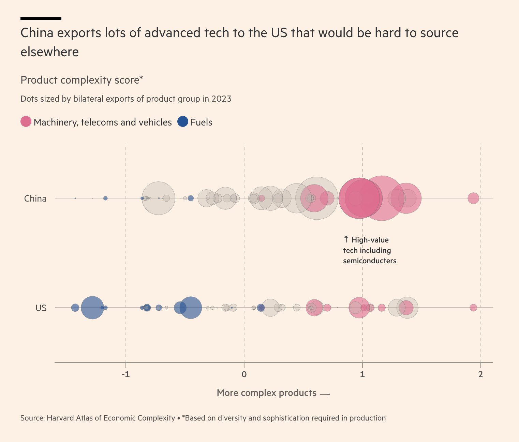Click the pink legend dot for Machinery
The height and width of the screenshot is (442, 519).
pos(26,121)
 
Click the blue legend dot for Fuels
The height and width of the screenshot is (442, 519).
pos(183,121)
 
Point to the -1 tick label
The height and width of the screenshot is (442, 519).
pos(126,374)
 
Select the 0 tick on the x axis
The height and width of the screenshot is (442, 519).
pos(244,374)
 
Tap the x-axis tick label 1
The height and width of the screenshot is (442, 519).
pos(362,374)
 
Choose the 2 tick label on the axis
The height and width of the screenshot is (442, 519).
pos(480,374)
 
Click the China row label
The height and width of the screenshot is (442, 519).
pos(35,198)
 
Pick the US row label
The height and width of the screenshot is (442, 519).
pos(41,308)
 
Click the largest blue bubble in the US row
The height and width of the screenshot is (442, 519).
pos(92,308)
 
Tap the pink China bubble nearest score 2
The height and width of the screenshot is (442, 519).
pos(473,198)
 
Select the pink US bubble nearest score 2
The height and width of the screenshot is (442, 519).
pos(473,308)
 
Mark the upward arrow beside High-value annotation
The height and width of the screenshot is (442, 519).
pos(346,239)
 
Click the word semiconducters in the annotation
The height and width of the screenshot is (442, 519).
pos(370,261)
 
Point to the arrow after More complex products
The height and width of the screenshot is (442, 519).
pos(325,394)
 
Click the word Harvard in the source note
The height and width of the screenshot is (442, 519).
pos(60,418)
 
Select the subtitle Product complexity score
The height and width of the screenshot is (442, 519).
pos(81,80)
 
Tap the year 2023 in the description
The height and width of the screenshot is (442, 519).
pos(221,99)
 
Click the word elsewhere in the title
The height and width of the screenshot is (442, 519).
pos(50,52)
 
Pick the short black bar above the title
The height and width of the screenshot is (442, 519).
pos(41,18)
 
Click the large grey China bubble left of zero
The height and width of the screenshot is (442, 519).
pos(158,198)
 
